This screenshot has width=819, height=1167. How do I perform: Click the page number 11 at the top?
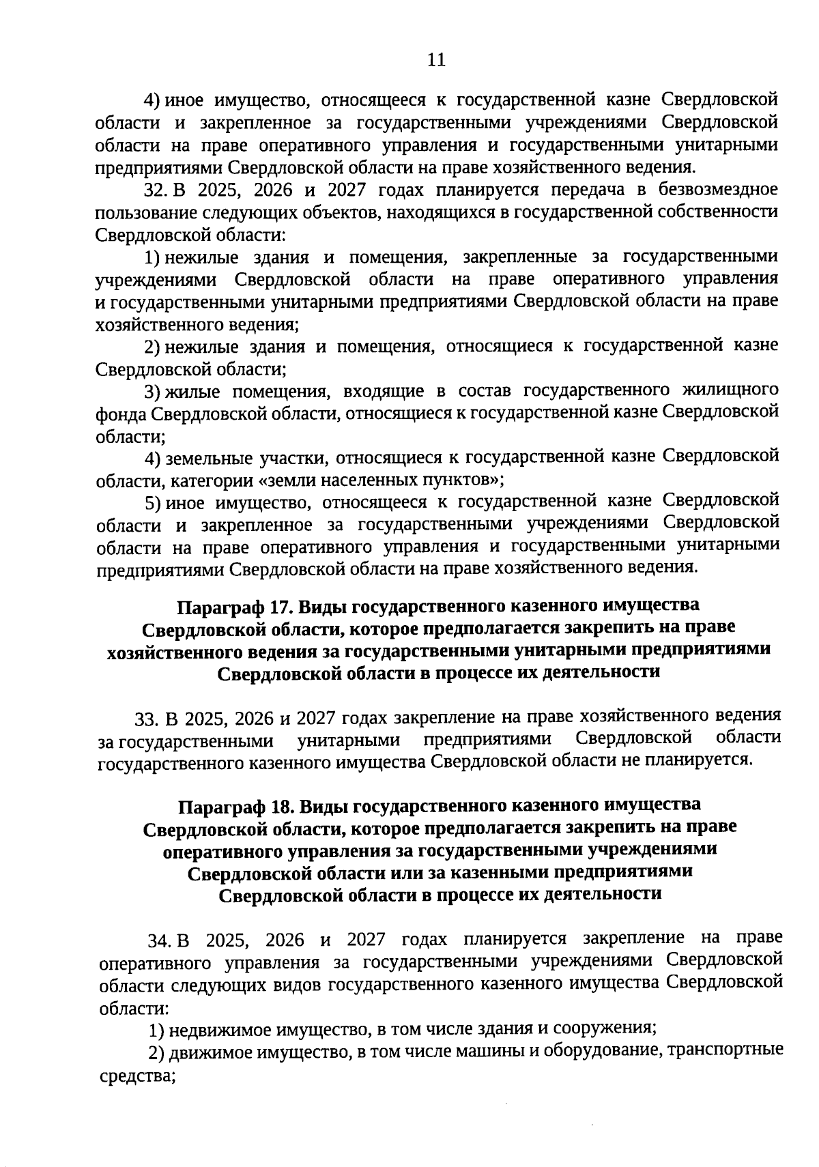(x=436, y=60)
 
